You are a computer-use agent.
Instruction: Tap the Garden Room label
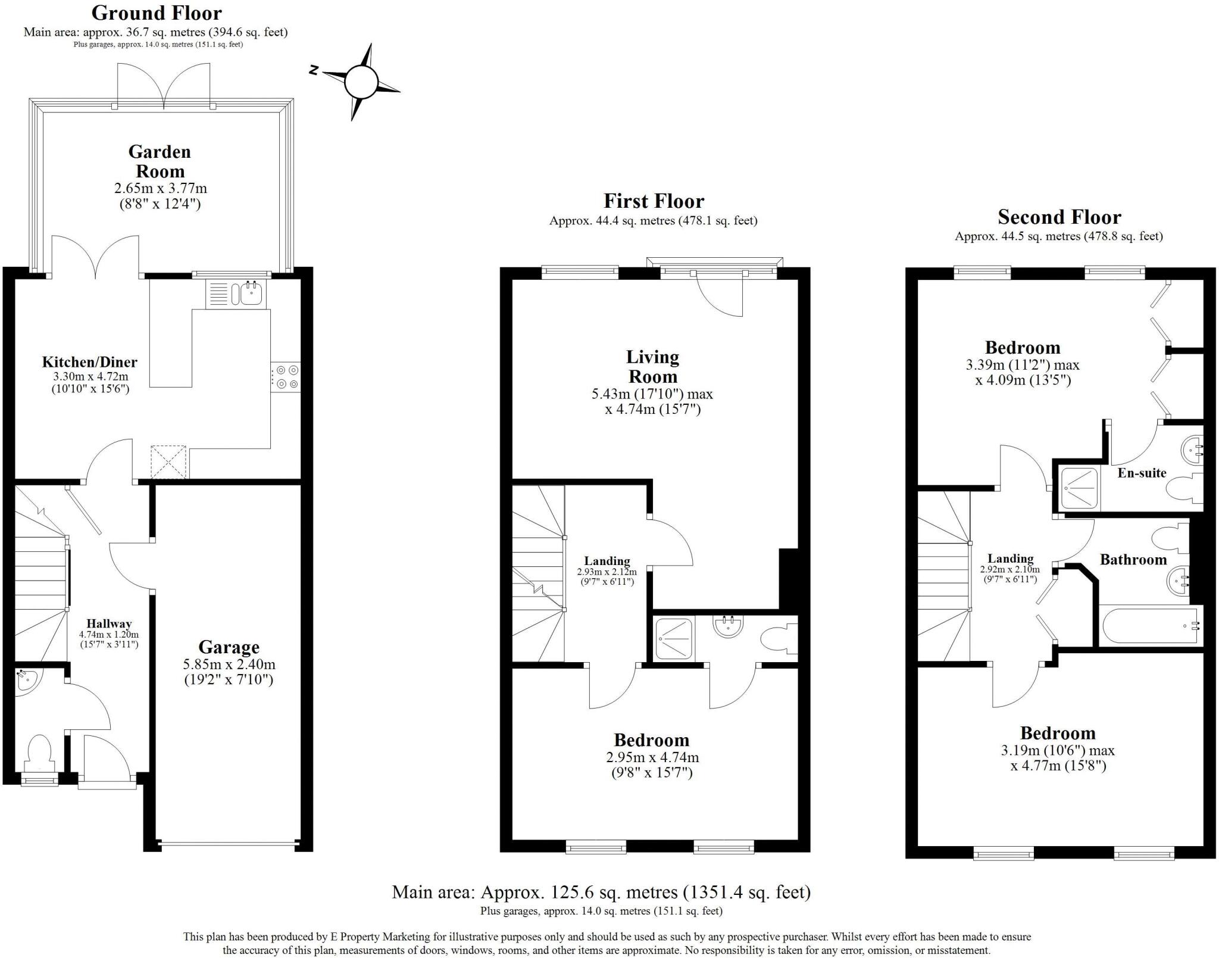[x=160, y=161]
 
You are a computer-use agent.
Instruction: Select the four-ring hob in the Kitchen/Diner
[x=286, y=377]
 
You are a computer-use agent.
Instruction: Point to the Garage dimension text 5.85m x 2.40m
[x=229, y=664]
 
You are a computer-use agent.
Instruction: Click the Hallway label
[x=109, y=623]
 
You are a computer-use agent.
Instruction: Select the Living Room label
[x=652, y=367]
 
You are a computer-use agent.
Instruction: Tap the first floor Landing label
[x=607, y=561]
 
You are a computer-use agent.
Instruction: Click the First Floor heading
[x=654, y=201]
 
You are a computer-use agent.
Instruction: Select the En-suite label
[x=1142, y=473]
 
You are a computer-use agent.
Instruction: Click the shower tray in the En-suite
[x=1079, y=488]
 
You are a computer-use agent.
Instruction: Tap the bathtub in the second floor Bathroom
[x=1149, y=626]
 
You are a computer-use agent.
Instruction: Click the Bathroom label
[x=1133, y=559]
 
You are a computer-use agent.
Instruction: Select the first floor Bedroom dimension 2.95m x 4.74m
[x=652, y=757]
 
